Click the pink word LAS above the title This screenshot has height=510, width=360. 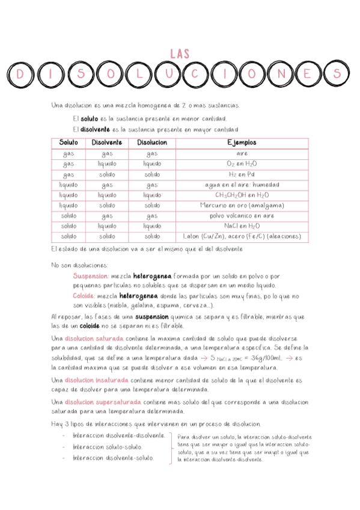coord(180,54)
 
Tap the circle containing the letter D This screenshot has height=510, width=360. coord(21,74)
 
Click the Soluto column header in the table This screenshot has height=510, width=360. coord(68,143)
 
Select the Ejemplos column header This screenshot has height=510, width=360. coord(242,143)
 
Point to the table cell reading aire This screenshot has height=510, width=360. coord(242,153)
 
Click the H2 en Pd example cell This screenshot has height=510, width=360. coord(242,174)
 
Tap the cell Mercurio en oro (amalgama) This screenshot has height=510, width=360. coord(242,205)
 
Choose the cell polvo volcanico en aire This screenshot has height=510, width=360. coord(242,215)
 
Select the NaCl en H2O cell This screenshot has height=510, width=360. coord(242,226)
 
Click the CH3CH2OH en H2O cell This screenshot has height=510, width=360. coord(242,195)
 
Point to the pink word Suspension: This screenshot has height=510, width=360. coord(91,276)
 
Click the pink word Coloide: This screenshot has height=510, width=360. coord(84,296)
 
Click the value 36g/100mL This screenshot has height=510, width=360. coord(285,358)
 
